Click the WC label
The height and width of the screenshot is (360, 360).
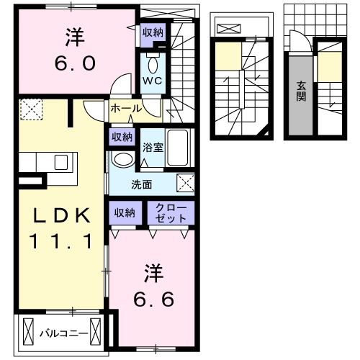153,81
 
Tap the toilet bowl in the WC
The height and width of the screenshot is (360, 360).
153,60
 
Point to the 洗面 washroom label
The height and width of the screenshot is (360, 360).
141,184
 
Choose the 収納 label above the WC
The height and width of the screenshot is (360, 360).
152,32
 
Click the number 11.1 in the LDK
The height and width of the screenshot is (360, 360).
60,241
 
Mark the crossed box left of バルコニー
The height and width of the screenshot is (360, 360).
29,333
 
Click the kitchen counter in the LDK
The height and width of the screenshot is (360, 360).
43,162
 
